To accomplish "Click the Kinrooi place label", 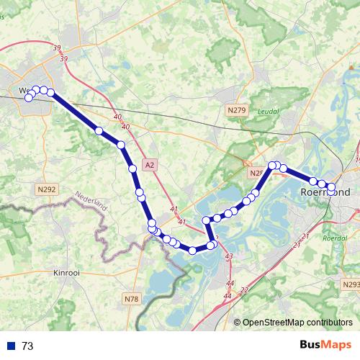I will [69, 273].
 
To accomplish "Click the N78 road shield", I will [131, 299].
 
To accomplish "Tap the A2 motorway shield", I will [149, 165].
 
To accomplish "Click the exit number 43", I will [229, 256].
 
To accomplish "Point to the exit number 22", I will [243, 289].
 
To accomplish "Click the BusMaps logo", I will [325, 345].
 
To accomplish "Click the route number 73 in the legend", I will [27, 346].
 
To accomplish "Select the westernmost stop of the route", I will [29, 97].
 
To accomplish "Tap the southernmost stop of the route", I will [193, 250].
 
